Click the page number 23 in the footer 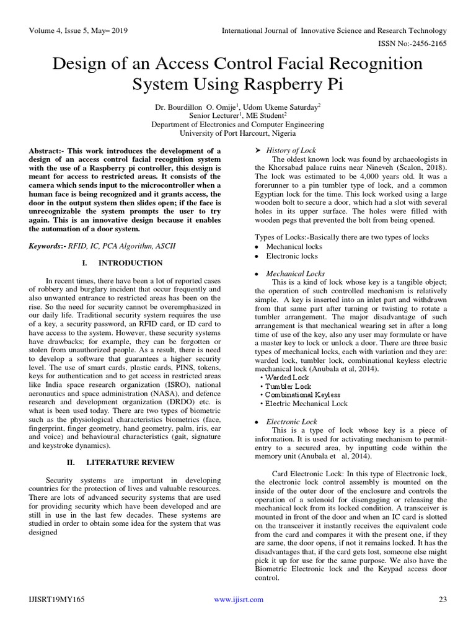[443, 599]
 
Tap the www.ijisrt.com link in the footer [239, 599]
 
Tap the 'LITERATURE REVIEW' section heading [131, 462]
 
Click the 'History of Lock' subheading [291, 150]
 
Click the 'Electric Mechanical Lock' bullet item [306, 403]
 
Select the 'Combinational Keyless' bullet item [302, 394]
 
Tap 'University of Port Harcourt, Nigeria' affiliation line [237, 133]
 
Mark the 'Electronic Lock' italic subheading [291, 421]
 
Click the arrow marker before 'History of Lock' [258, 150]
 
